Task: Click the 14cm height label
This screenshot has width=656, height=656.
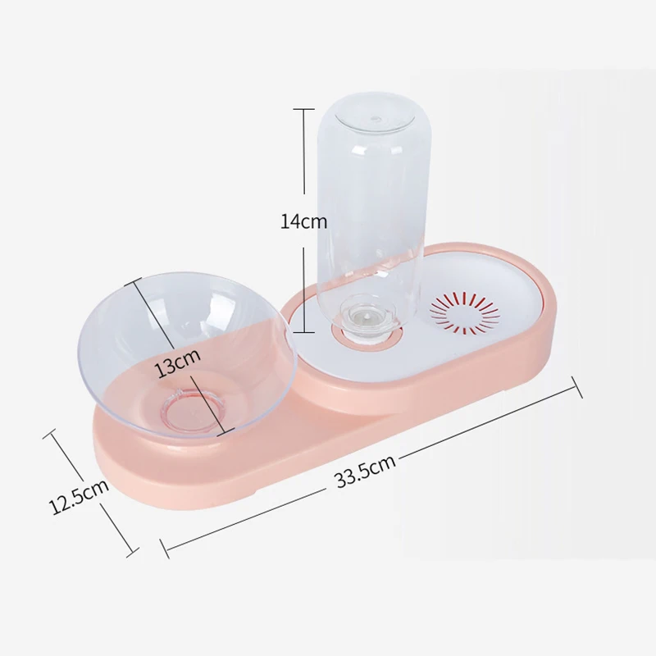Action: click(x=303, y=221)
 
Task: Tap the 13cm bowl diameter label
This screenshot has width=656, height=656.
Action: click(x=178, y=361)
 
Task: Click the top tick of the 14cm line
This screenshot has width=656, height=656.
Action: click(x=304, y=109)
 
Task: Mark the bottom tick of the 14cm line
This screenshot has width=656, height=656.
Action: click(x=304, y=332)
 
